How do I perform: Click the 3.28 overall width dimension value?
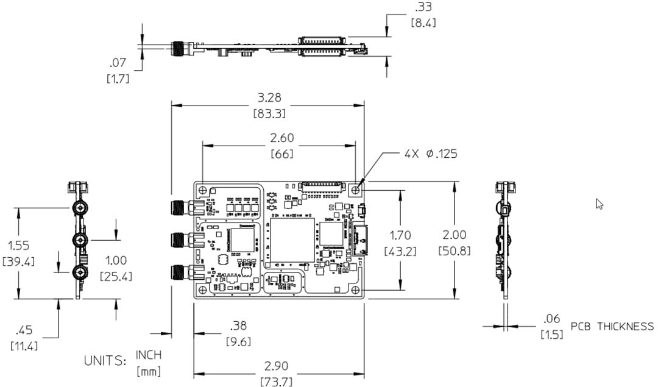(x=269, y=98)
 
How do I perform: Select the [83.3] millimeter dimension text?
(x=269, y=113)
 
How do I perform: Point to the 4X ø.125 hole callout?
(x=431, y=154)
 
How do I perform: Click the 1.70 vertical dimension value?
(x=400, y=235)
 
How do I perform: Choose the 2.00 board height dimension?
(x=454, y=235)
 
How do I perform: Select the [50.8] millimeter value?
(x=454, y=250)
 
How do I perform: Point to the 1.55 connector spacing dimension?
(x=19, y=246)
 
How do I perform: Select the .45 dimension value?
(x=24, y=330)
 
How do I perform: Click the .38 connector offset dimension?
(x=238, y=326)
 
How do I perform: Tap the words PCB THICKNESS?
(x=612, y=327)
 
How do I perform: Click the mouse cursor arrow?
(x=599, y=204)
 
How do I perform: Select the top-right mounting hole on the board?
(x=356, y=190)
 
